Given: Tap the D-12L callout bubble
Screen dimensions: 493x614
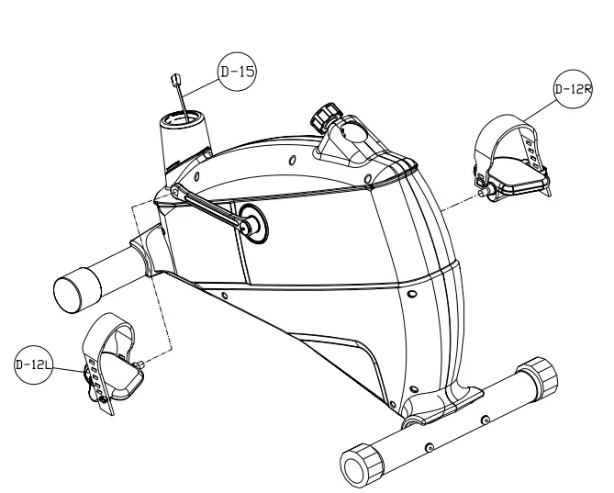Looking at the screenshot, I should point(33,365).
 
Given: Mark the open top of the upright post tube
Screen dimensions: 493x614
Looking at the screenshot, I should point(184,118).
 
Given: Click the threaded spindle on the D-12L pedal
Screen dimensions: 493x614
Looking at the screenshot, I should point(143,362).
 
